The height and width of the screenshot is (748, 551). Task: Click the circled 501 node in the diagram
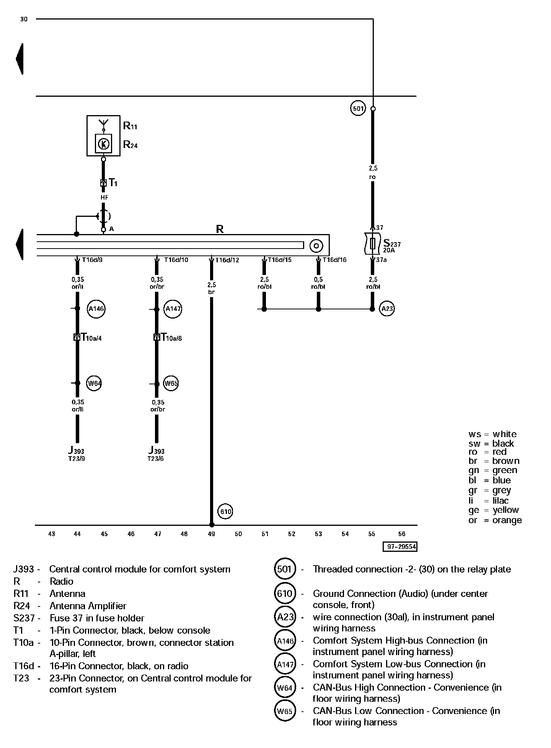pyautogui.click(x=358, y=109)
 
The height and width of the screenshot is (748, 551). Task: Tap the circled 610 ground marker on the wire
pyautogui.click(x=225, y=512)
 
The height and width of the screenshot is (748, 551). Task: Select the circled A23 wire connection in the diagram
pyautogui.click(x=387, y=309)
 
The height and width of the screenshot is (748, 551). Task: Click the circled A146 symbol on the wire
pyautogui.click(x=96, y=309)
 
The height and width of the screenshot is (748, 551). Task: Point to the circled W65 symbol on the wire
pyautogui.click(x=171, y=383)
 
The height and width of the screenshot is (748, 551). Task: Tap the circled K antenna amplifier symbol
pyautogui.click(x=104, y=144)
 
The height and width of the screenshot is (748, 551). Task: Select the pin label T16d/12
pyautogui.click(x=227, y=260)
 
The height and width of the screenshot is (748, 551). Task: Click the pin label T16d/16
pyautogui.click(x=334, y=260)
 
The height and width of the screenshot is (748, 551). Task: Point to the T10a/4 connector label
pyautogui.click(x=91, y=337)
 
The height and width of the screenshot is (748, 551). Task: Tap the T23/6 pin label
pyautogui.click(x=155, y=459)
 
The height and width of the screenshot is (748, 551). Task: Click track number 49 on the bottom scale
pyautogui.click(x=211, y=534)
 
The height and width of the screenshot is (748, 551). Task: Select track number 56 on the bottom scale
pyautogui.click(x=401, y=534)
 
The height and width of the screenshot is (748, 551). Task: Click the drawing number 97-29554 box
pyautogui.click(x=400, y=547)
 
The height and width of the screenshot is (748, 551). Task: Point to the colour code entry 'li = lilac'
pyautogui.click(x=488, y=501)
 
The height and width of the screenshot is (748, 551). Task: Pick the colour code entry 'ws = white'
pyautogui.click(x=492, y=434)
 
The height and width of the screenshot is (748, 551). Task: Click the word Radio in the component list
pyautogui.click(x=61, y=581)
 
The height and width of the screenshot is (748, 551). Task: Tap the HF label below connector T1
pyautogui.click(x=104, y=197)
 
